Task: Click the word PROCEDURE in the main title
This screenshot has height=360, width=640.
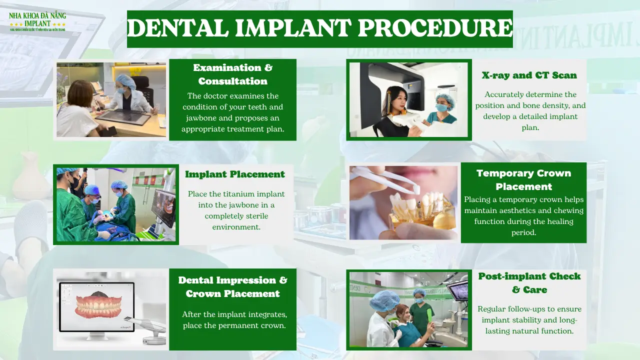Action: tap(435, 28)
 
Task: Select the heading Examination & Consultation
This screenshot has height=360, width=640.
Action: tap(232, 74)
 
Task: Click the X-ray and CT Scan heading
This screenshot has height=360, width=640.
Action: tap(529, 75)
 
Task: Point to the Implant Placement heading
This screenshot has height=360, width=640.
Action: tap(234, 174)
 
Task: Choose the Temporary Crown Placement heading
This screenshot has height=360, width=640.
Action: tap(523, 179)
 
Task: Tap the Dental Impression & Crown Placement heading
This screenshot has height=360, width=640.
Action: tap(232, 286)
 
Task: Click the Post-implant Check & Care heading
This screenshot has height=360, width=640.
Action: tap(529, 282)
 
